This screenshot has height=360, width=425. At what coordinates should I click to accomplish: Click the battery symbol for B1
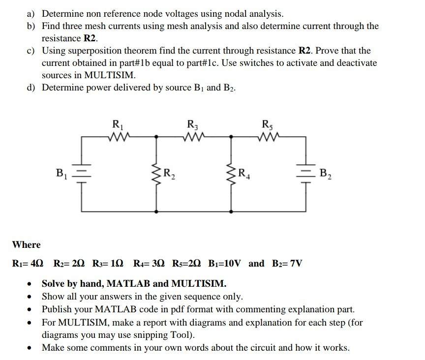(x=82, y=173)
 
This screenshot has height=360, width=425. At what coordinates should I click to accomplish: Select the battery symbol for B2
(x=306, y=173)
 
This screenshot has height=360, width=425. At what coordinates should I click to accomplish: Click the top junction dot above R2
(x=157, y=137)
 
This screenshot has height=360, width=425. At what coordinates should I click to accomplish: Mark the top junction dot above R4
(x=231, y=137)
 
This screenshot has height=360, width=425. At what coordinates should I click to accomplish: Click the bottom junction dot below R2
(x=157, y=211)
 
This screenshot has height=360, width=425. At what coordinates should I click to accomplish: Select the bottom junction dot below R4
(x=231, y=211)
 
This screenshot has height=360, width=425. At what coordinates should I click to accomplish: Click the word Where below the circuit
(x=27, y=244)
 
